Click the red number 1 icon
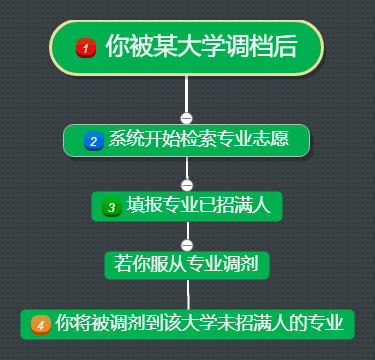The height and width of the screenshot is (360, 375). (85, 47)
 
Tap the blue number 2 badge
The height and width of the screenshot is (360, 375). (93, 141)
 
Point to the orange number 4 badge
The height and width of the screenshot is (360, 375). (40, 324)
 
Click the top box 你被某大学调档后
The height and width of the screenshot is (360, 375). (186, 47)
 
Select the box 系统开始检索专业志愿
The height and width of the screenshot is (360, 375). (186, 141)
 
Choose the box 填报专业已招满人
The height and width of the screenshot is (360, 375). (186, 207)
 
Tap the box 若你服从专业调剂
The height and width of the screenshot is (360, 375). (186, 264)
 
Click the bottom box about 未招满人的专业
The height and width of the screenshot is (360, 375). (187, 324)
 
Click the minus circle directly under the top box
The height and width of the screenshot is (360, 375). (186, 118)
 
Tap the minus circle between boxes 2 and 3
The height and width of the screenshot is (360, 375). (186, 185)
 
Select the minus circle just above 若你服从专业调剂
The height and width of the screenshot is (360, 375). (186, 244)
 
